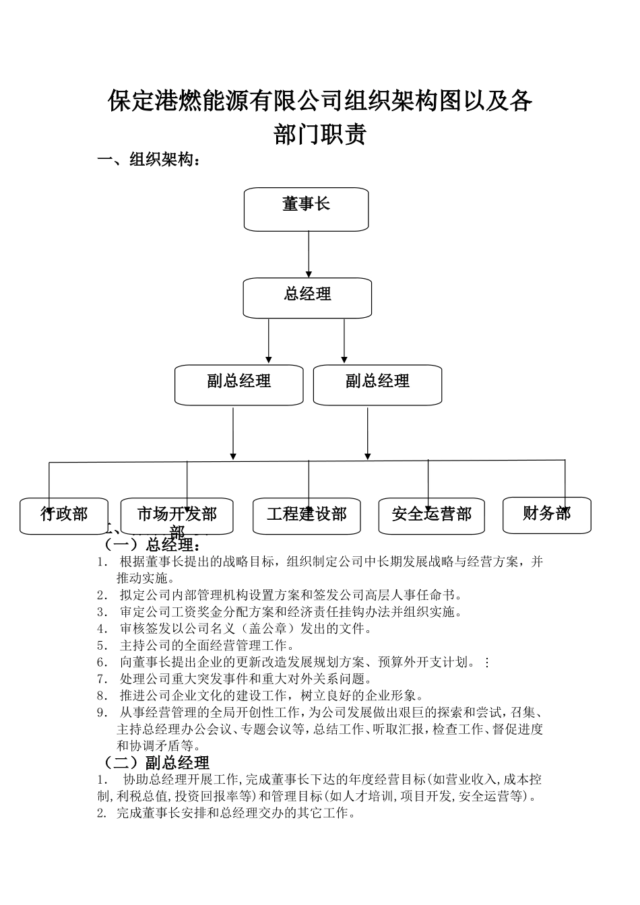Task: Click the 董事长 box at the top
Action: pos(306,209)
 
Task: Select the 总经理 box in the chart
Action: pos(307,298)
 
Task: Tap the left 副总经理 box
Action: pos(238,385)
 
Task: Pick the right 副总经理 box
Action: pos(377,385)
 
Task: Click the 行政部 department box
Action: pos(64,516)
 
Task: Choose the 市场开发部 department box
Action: pos(177,516)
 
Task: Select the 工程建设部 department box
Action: pos(307,516)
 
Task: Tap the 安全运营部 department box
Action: pos(431,516)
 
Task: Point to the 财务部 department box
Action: pos(546,514)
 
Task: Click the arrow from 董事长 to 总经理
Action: pos(309,254)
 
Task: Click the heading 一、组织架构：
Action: pos(149,160)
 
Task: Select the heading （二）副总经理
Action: pos(154,762)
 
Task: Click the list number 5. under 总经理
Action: pos(102,646)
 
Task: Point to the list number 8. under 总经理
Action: pos(102,696)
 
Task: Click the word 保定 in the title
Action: pos(131,102)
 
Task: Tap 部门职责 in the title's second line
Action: pos(320,134)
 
